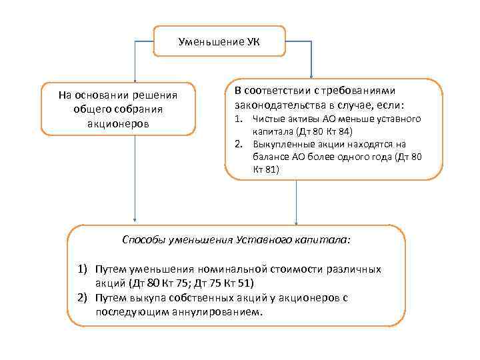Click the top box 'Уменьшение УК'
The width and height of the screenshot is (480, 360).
coord(219,42)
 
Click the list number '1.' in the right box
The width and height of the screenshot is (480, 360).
coord(238,119)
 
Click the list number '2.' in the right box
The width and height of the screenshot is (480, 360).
coord(238,144)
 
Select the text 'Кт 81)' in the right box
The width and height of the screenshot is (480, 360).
coord(266,169)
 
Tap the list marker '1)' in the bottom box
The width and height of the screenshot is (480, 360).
coord(83,269)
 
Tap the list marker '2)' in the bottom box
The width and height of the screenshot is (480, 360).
coord(83,297)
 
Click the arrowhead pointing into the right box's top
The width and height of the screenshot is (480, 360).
coord(310,75)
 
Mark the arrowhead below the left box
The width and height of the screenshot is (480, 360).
coord(135,220)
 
